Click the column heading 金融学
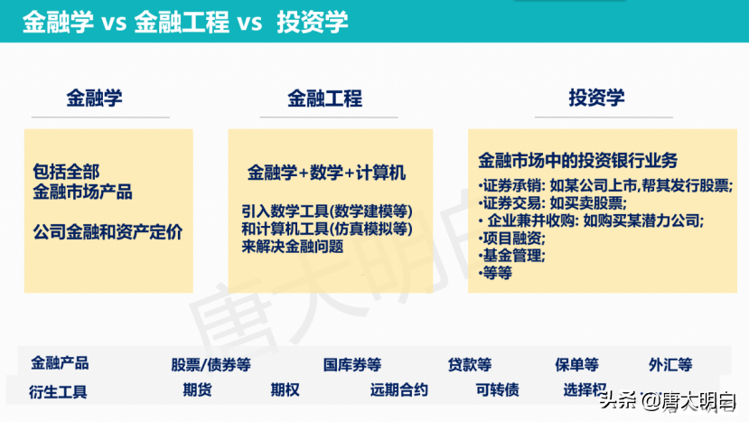tap(94, 98)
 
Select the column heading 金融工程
tap(324, 98)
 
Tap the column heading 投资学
tap(596, 98)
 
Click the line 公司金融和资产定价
tap(107, 232)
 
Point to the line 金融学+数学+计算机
tap(326, 172)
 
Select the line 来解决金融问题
tap(292, 246)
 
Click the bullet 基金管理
tap(512, 255)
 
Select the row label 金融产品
tap(60, 363)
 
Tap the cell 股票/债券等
tap(211, 365)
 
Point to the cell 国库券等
tap(352, 365)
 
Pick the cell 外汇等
tap(670, 365)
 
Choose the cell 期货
tap(197, 390)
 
